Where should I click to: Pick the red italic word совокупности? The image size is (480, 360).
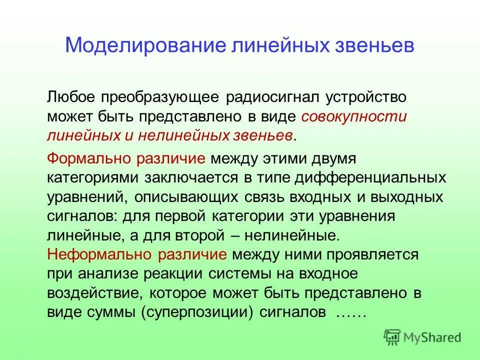tap(354, 116)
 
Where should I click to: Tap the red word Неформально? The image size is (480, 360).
tap(100, 254)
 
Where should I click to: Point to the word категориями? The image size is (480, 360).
tap(93, 177)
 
